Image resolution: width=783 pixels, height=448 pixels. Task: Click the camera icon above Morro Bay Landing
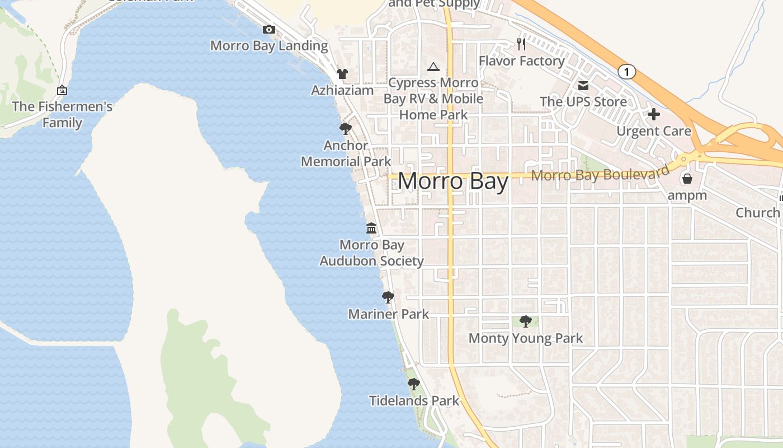point(268,30)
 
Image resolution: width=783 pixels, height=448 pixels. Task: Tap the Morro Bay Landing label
point(269,46)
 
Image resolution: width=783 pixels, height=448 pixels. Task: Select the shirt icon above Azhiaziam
point(342,73)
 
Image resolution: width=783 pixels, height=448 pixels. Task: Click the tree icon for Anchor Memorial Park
point(346,129)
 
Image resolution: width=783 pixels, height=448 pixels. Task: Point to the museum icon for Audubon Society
point(371,228)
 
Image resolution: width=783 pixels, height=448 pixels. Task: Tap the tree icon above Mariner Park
point(388,297)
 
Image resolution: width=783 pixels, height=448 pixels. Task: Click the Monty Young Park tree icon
point(525,321)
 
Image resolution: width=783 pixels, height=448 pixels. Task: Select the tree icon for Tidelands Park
point(413,384)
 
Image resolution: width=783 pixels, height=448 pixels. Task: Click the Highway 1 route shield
point(627,72)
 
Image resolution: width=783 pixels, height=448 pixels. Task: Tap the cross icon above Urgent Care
point(653,115)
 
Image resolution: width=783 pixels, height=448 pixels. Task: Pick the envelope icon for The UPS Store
point(583,86)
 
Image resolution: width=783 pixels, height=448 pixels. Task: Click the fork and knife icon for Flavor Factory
point(521,44)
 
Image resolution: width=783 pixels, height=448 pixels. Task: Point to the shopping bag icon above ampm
point(687,179)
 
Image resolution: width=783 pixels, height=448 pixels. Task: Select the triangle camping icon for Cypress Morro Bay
point(433,67)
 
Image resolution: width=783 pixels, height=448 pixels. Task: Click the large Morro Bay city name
point(453,181)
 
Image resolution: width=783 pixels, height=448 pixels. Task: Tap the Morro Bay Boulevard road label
point(600,174)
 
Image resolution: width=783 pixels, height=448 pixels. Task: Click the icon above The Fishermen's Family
point(62,90)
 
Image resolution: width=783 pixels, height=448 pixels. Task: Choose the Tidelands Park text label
point(414,401)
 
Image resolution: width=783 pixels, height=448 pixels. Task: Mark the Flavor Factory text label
point(522,60)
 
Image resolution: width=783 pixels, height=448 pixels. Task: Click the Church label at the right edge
point(758,213)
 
